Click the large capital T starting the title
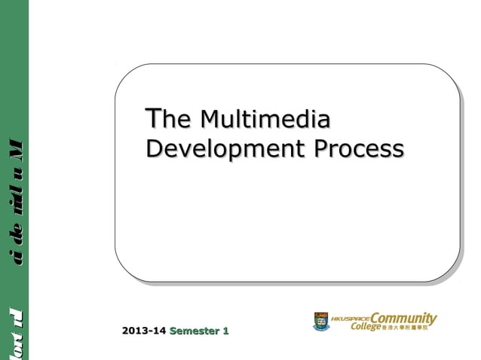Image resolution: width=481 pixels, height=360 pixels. point(153,119)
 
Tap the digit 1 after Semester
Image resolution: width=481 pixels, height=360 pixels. point(226,331)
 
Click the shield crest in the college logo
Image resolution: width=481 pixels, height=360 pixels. point(321,322)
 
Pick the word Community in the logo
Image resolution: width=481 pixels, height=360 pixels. point(403,318)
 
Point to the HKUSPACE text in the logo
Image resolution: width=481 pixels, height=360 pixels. point(351,317)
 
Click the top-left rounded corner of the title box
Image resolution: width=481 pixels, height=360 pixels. point(125,74)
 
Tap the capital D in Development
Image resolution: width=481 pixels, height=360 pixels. point(154,148)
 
